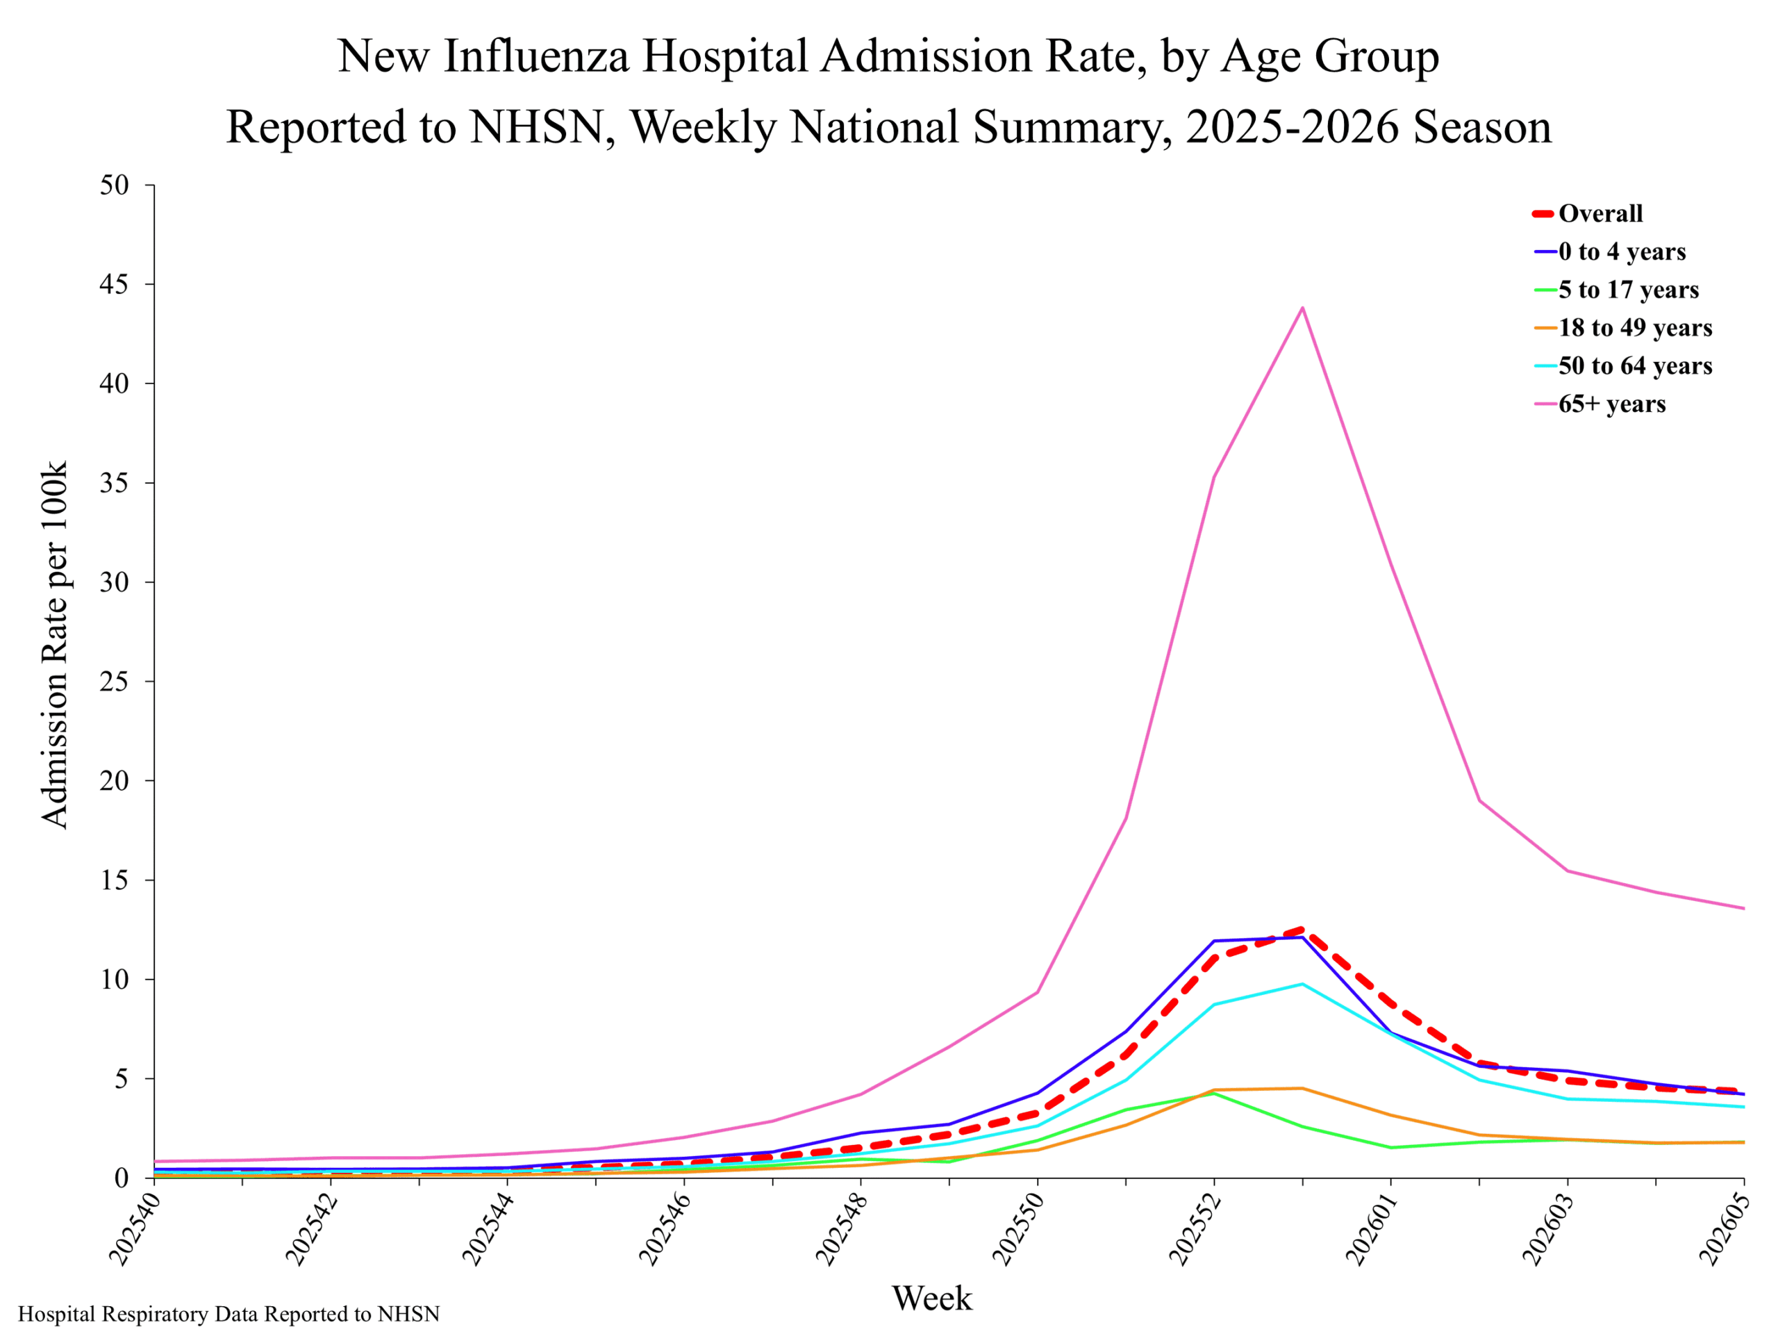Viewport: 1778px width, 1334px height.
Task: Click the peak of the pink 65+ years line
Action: (x=1302, y=307)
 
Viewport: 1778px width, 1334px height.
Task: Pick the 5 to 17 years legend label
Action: (x=1629, y=290)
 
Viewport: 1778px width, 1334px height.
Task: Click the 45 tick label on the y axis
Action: (x=114, y=285)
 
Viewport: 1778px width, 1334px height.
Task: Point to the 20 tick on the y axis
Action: (x=114, y=781)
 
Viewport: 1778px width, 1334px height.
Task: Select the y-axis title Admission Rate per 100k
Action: (x=55, y=644)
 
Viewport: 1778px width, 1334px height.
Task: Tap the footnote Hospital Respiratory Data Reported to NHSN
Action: (x=229, y=1314)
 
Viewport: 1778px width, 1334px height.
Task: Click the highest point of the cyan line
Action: (x=1302, y=983)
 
